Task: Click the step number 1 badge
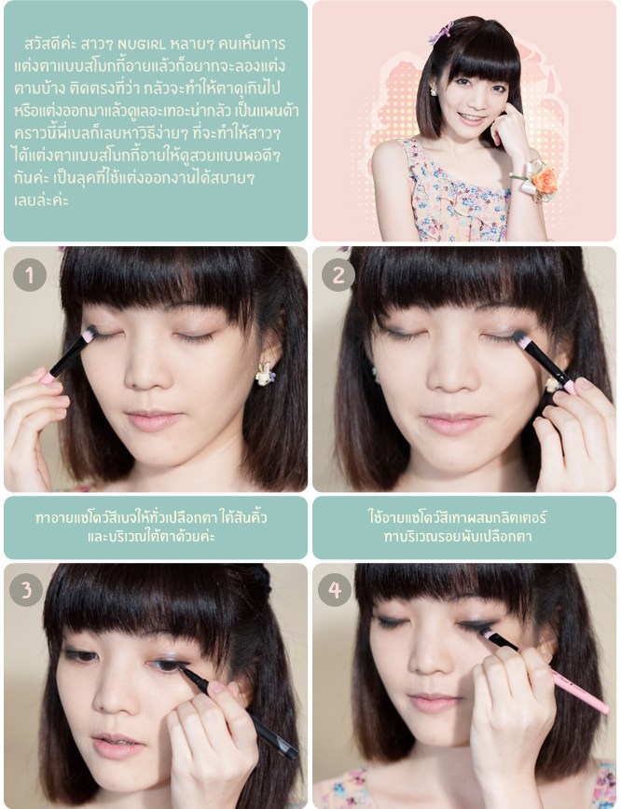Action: click(30, 274)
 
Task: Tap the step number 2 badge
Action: click(338, 274)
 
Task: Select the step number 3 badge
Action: click(26, 589)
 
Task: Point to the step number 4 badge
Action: click(335, 589)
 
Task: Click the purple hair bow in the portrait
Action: click(441, 33)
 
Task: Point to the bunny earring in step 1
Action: click(266, 374)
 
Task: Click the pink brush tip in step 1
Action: click(89, 334)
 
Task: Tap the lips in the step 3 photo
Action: click(117, 745)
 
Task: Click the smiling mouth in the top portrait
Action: click(472, 118)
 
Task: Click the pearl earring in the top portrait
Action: click(434, 92)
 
